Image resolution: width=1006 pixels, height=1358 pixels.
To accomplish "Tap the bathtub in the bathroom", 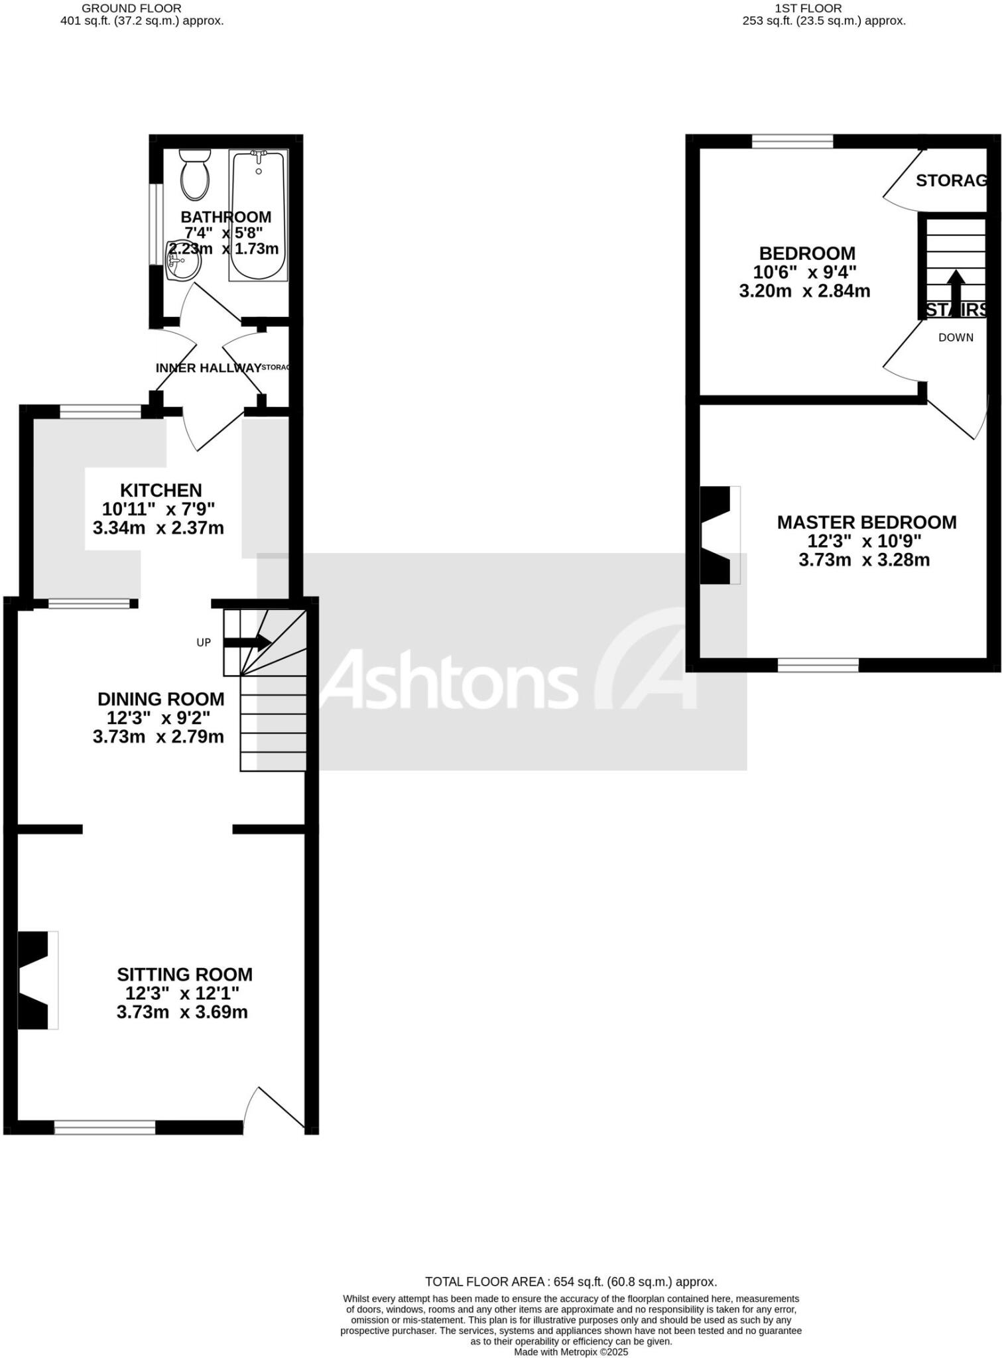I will (259, 216).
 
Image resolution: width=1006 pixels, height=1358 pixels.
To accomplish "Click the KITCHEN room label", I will (160, 491).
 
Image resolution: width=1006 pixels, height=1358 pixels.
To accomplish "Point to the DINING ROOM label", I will (160, 699).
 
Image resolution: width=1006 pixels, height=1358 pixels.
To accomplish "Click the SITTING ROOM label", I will (184, 975).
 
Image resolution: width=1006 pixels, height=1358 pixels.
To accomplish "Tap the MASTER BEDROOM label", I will (866, 523).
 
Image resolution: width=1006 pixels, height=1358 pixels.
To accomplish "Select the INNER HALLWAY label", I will (208, 368).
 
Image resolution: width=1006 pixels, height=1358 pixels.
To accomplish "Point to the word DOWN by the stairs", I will (956, 338).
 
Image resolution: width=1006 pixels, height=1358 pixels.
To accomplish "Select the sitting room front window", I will (105, 1127).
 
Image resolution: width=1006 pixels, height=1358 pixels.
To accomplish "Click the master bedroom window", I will (818, 665).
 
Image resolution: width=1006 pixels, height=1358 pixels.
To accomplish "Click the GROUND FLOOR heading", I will (131, 9).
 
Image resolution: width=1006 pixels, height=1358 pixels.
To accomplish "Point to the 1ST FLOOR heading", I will (808, 9).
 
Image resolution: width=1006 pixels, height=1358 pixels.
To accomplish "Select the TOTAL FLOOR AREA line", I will (570, 1282).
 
